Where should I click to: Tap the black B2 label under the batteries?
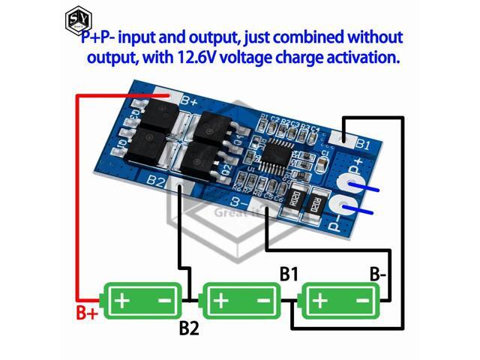click(189, 328)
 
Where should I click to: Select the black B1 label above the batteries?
click(289, 274)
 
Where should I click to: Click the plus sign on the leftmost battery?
click(121, 301)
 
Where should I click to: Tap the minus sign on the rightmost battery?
click(363, 301)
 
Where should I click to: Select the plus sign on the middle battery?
click(221, 301)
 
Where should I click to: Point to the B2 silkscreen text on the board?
click(156, 181)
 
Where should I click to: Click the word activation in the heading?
click(358, 57)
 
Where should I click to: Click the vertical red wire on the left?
click(76, 195)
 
